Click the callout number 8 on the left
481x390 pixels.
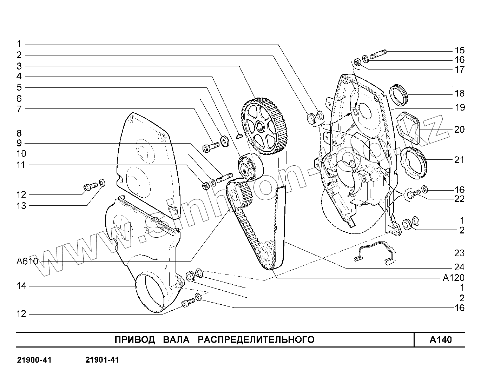(x=19, y=133)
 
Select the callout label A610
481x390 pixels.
(x=27, y=262)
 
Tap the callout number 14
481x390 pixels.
(x=21, y=286)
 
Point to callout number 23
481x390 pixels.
(x=459, y=253)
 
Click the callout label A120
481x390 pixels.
(x=453, y=278)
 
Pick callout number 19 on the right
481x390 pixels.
(x=459, y=107)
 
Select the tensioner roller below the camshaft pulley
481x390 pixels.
(x=249, y=166)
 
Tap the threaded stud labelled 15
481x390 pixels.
(x=378, y=54)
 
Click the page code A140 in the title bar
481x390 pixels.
(x=441, y=340)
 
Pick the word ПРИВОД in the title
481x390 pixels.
(x=135, y=340)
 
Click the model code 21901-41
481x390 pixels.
(x=102, y=360)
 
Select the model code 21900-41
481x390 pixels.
(x=34, y=360)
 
